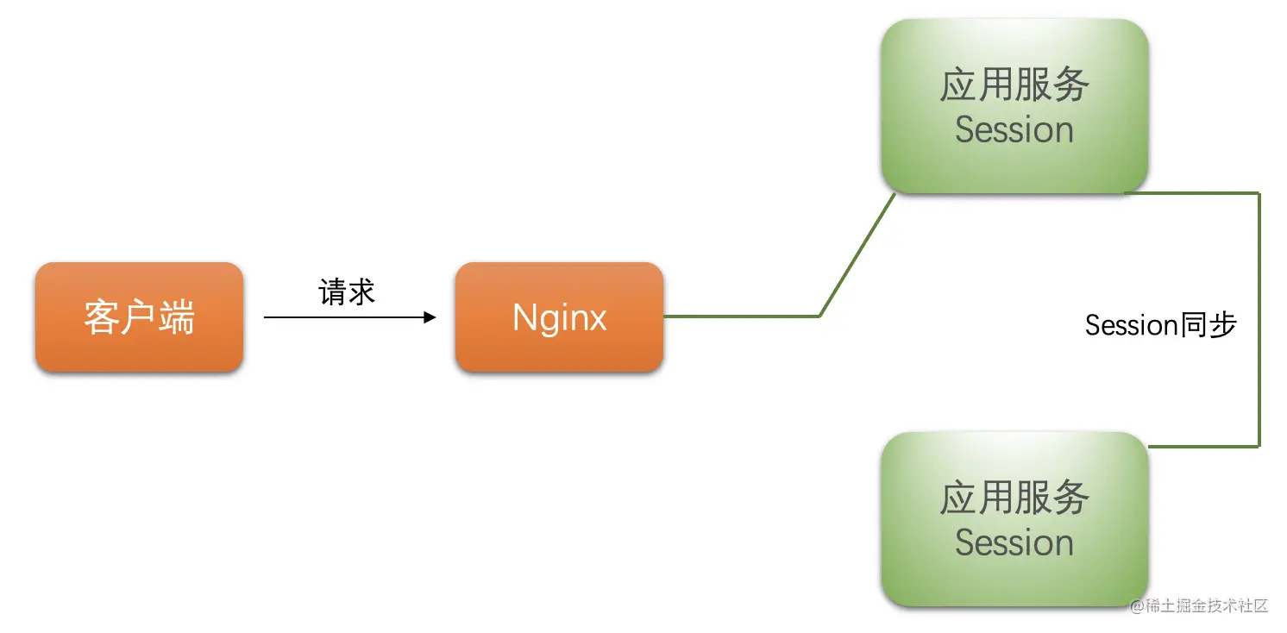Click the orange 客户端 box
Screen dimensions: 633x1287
tap(139, 317)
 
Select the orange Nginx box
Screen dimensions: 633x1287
tap(559, 317)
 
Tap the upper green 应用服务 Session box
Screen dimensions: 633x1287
tap(1014, 106)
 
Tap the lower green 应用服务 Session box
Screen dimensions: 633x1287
tap(1014, 519)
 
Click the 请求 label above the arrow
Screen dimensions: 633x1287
tap(347, 292)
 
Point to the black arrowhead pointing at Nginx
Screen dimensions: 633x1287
tap(430, 317)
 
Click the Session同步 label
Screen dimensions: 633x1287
tap(1160, 325)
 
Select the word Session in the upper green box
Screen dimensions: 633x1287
tap(1014, 129)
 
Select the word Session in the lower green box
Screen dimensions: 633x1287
tap(1014, 542)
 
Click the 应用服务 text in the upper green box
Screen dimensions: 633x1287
tap(1014, 85)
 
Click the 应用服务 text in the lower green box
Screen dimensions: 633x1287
tap(1014, 498)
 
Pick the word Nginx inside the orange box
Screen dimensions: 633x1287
tap(559, 317)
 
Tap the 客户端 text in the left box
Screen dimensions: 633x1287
tap(139, 317)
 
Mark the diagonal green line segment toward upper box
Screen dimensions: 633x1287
tap(857, 255)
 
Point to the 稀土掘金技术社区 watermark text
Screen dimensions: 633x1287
tap(1207, 605)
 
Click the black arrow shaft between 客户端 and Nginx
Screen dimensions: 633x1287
tap(345, 317)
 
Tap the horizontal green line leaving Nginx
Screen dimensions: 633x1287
tap(742, 316)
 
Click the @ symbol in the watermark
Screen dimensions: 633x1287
tap(1137, 605)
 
